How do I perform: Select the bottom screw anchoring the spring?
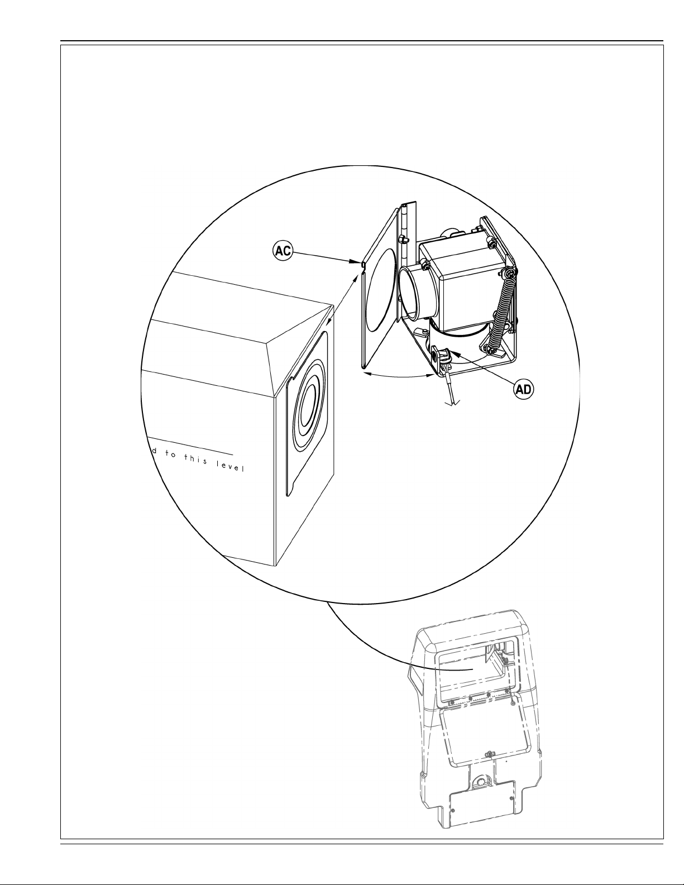(x=492, y=350)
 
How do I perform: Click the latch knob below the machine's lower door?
(x=489, y=755)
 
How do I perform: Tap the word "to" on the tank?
(x=169, y=455)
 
